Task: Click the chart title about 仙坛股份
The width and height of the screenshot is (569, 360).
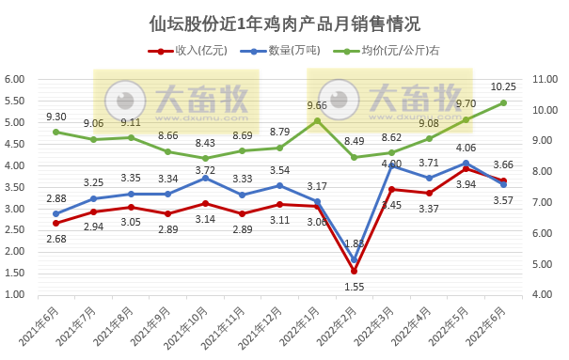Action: (284, 23)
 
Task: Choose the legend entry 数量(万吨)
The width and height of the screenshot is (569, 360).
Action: (277, 52)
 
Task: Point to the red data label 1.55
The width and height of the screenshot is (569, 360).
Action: (354, 286)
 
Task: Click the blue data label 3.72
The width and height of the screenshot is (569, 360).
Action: (206, 170)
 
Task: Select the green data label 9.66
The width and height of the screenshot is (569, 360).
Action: (317, 105)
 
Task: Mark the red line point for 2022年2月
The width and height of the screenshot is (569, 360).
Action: (355, 271)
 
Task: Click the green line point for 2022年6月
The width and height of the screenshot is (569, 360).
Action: (503, 102)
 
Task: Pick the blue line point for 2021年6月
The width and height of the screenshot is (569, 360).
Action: (56, 213)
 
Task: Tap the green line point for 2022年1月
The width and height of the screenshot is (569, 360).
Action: (317, 120)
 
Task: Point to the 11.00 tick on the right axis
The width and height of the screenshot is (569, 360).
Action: (546, 80)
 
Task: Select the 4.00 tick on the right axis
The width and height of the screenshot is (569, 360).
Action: (546, 294)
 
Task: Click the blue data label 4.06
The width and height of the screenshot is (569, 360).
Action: (466, 149)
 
